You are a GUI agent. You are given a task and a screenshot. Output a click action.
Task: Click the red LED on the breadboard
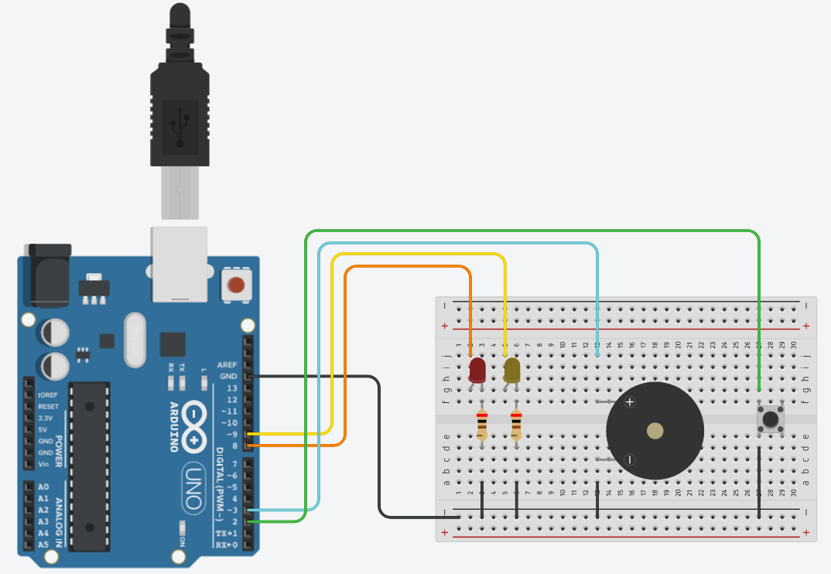[477, 370]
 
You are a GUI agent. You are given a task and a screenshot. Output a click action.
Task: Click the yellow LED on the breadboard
[512, 370]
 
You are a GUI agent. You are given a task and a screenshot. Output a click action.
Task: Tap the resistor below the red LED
[482, 425]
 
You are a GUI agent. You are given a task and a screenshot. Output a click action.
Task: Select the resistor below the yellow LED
[516, 425]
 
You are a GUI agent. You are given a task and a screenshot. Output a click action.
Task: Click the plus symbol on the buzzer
[630, 401]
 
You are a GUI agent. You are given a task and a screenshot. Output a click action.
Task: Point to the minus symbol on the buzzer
[630, 460]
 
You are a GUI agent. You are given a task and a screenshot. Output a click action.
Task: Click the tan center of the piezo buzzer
[655, 431]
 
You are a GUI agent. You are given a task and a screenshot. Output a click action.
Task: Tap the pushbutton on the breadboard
[770, 419]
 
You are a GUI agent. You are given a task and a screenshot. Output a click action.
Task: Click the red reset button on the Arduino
[236, 285]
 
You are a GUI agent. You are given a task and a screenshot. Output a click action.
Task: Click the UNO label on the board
[193, 487]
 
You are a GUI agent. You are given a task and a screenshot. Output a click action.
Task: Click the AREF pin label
[227, 364]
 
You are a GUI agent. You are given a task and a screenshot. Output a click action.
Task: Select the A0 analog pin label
[43, 487]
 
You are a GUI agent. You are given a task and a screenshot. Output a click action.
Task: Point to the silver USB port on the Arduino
[180, 263]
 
